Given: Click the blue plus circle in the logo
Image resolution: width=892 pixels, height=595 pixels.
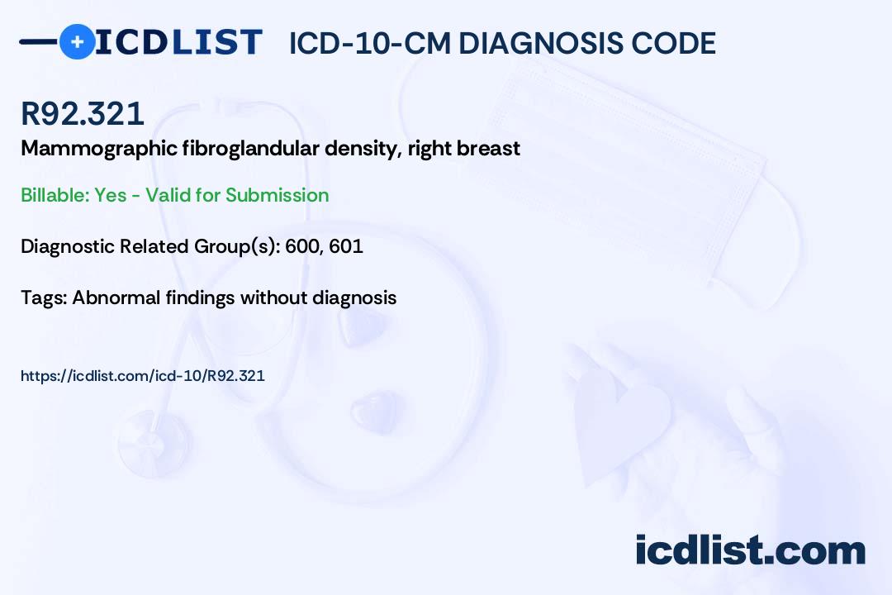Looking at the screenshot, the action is tap(78, 41).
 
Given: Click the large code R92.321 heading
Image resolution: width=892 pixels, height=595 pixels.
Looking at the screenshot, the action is tap(83, 113).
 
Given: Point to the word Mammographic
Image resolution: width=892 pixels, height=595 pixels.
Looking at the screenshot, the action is tap(99, 149).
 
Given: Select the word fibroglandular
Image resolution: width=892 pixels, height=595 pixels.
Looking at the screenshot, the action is tap(251, 148).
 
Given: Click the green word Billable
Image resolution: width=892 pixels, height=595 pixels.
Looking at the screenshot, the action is tap(55, 195).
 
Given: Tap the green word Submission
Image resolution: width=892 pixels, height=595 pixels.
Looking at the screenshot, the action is tap(277, 195).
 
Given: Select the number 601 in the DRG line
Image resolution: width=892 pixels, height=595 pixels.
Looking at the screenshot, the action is tap(346, 246).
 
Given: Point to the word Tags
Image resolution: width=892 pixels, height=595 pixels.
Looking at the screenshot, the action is tap(44, 297).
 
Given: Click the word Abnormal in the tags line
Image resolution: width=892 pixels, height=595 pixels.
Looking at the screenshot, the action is tap(116, 297).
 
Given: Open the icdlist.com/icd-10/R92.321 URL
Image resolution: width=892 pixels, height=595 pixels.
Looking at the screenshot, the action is tap(143, 376).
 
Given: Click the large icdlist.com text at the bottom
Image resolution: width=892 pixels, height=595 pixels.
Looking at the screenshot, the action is tap(750, 550).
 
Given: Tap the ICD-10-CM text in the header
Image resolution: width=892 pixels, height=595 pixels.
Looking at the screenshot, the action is tap(370, 43).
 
